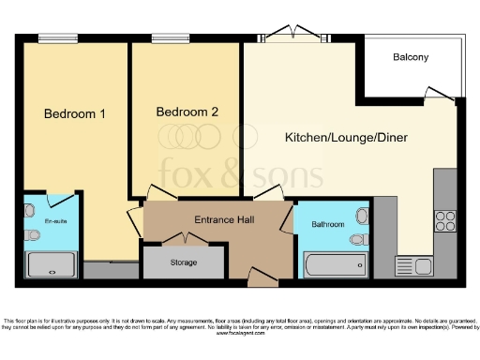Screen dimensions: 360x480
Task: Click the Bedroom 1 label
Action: pyautogui.click(x=74, y=114)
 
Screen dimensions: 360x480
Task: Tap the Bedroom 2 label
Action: pyautogui.click(x=187, y=112)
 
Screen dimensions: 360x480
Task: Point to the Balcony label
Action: pyautogui.click(x=411, y=57)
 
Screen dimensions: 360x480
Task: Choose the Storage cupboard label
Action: pyautogui.click(x=183, y=262)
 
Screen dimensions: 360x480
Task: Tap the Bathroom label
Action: pyautogui.click(x=328, y=225)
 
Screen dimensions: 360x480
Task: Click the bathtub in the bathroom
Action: pyautogui.click(x=335, y=266)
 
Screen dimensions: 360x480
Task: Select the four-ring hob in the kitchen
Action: pyautogui.click(x=445, y=221)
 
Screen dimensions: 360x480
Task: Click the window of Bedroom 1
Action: pyautogui.click(x=52, y=38)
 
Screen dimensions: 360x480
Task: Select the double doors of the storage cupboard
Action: pyautogui.click(x=184, y=245)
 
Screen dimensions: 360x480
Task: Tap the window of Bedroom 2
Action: pyautogui.click(x=164, y=38)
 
